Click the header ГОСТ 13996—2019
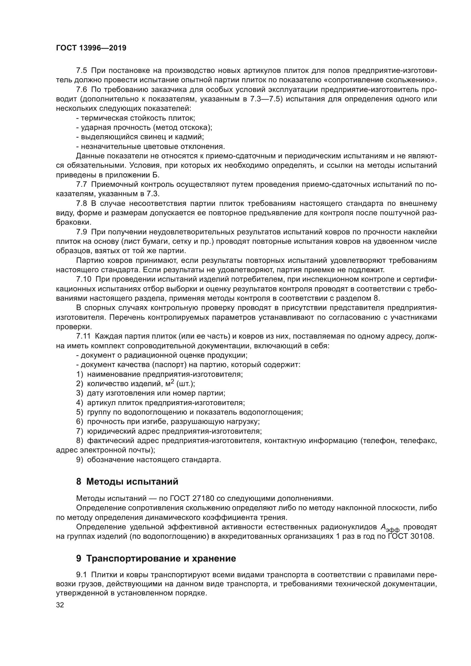coord(91,48)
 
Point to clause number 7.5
coord(81,71)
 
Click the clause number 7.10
coord(83,279)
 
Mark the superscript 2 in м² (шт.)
coord(172,382)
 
